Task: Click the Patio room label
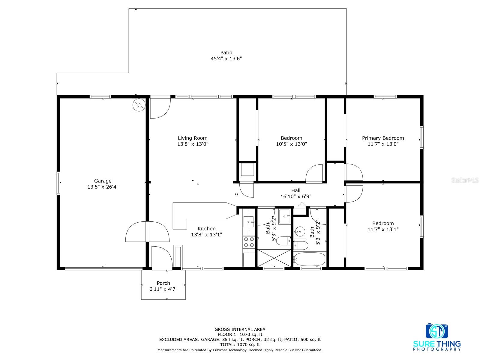pyautogui.click(x=226, y=53)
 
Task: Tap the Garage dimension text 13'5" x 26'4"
pyautogui.click(x=103, y=187)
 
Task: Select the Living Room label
pyautogui.click(x=192, y=138)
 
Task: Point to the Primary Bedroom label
pyautogui.click(x=383, y=138)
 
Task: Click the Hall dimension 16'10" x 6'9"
pyautogui.click(x=296, y=196)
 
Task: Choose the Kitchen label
pyautogui.click(x=206, y=229)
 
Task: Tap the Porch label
pyautogui.click(x=163, y=283)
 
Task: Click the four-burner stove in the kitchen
pyautogui.click(x=249, y=242)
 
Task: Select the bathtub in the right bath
pyautogui.click(x=310, y=259)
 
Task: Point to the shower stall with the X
pyautogui.click(x=274, y=258)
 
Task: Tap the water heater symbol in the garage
pyautogui.click(x=139, y=105)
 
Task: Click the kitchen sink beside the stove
pyautogui.click(x=248, y=222)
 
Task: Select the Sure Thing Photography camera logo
pyautogui.click(x=437, y=331)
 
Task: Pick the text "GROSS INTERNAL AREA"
pyautogui.click(x=240, y=329)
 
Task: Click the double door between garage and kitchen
pyautogui.click(x=147, y=232)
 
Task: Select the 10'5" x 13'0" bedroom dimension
pyautogui.click(x=292, y=144)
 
